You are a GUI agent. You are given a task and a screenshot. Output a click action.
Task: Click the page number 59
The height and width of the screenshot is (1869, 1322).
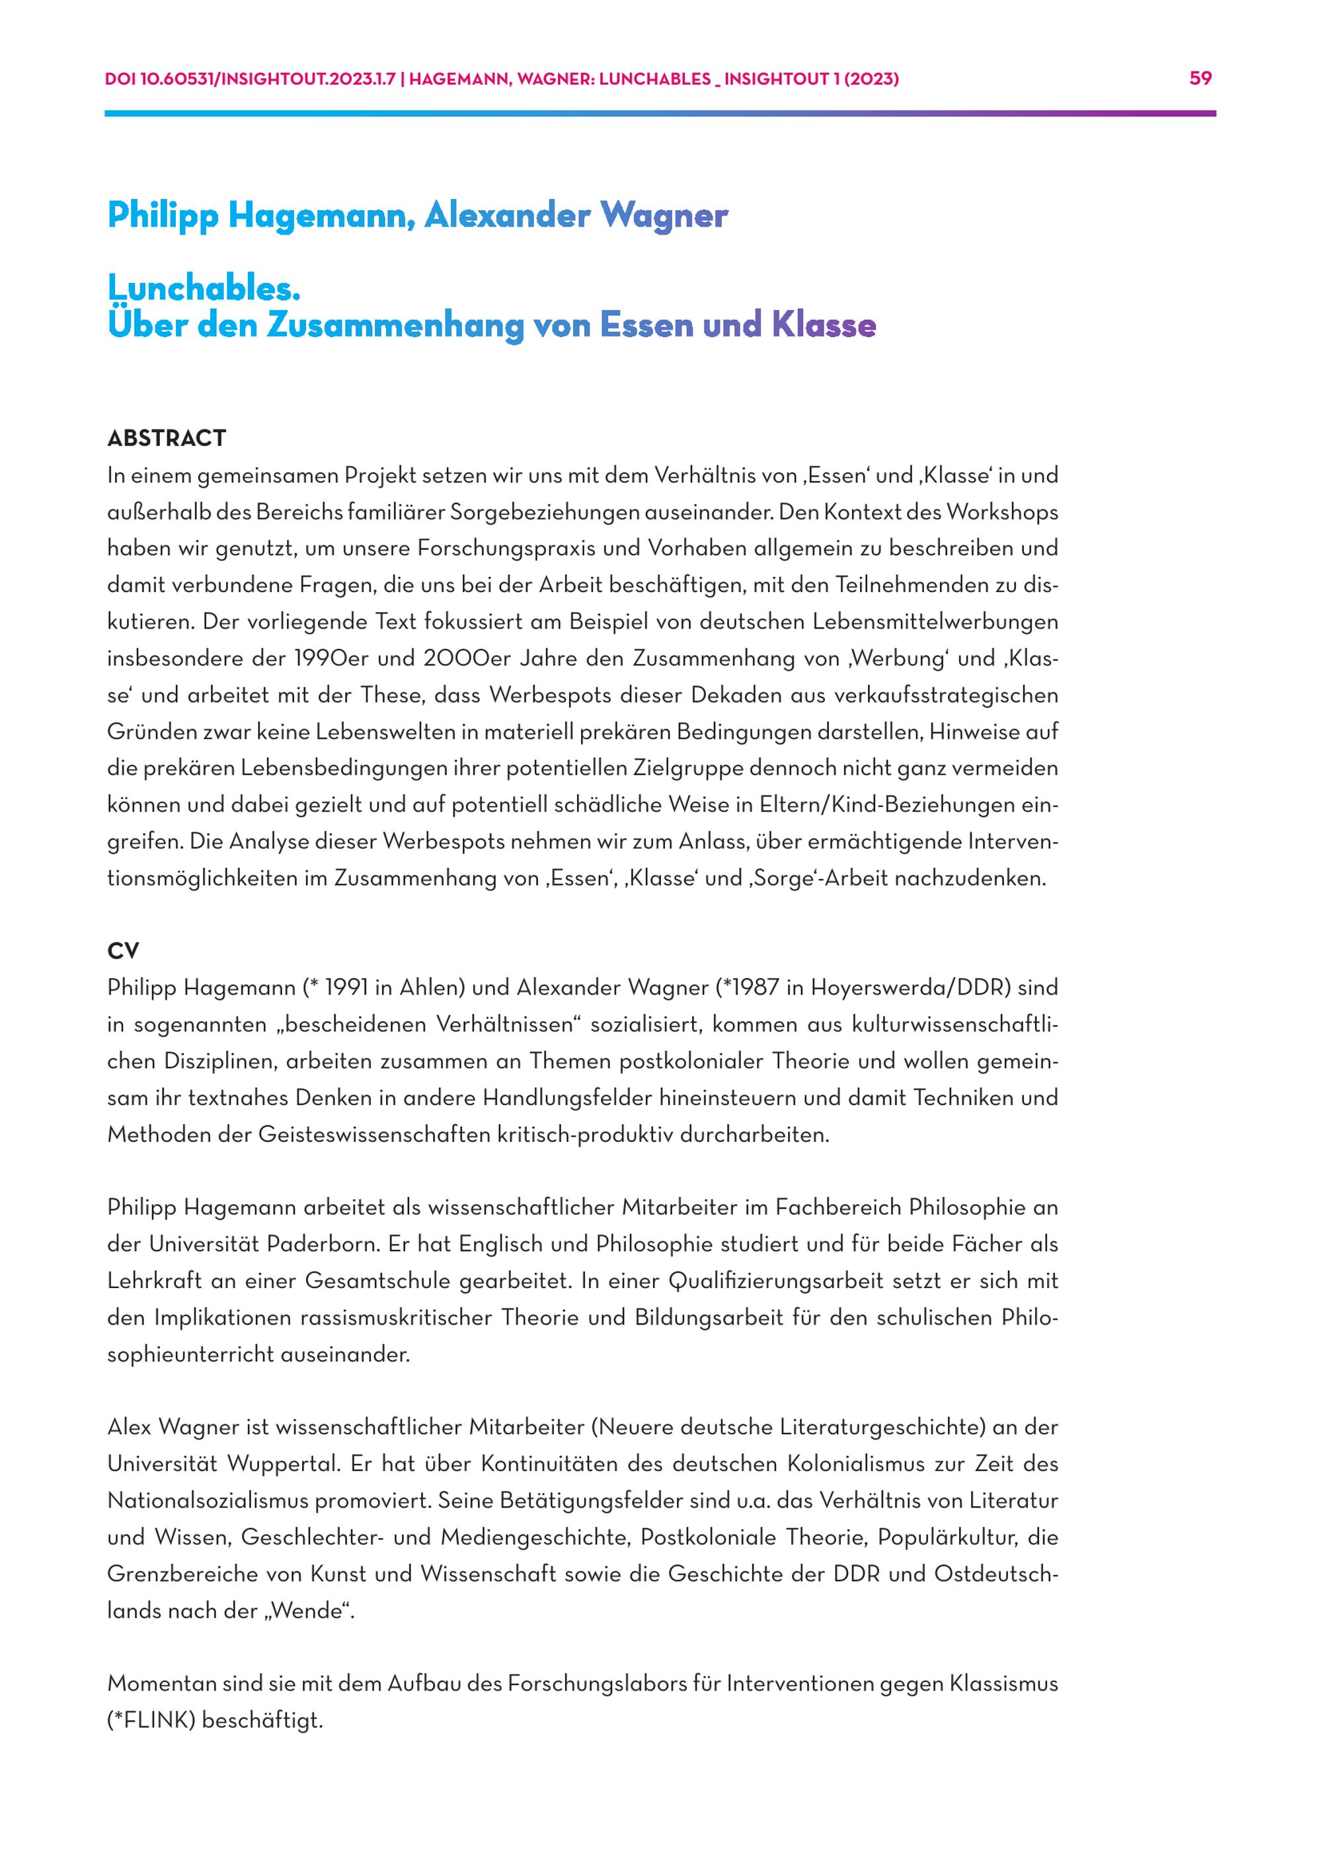(1201, 78)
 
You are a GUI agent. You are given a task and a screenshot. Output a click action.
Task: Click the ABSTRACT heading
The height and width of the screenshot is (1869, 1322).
(166, 439)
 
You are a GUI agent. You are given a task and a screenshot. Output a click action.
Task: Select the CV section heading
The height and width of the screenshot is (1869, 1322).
(123, 951)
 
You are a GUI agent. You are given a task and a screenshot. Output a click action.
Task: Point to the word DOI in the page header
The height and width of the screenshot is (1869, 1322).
(120, 79)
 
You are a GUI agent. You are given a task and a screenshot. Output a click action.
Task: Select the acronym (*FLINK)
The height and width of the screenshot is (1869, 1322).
(151, 1721)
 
